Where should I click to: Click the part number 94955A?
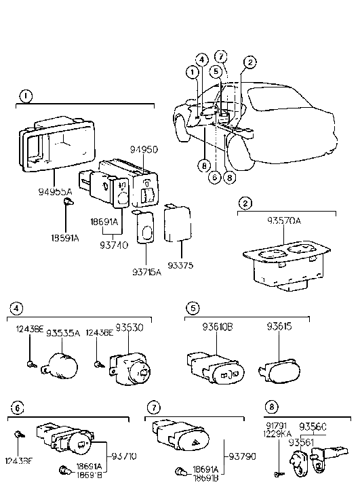click(x=55, y=193)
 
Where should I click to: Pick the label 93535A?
click(x=62, y=333)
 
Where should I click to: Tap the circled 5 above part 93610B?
click(x=193, y=309)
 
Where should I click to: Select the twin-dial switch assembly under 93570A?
click(x=284, y=266)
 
